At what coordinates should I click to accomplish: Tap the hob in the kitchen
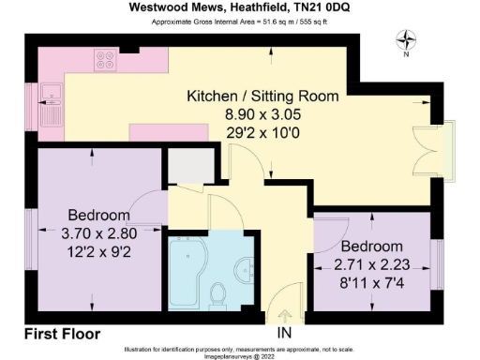pyautogui.click(x=105, y=62)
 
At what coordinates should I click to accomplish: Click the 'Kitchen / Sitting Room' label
pyautogui.click(x=262, y=97)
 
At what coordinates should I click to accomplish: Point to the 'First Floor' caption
pyautogui.click(x=62, y=333)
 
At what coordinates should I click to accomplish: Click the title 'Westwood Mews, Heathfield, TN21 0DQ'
pyautogui.click(x=240, y=7)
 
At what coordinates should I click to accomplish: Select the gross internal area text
pyautogui.click(x=240, y=21)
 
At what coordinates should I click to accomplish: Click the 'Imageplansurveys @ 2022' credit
pyautogui.click(x=240, y=354)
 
